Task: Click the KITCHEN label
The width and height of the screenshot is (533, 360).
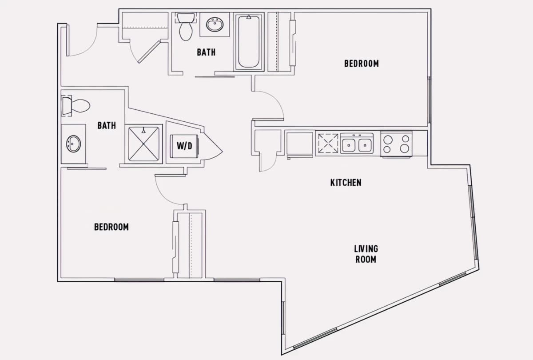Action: [x=346, y=183]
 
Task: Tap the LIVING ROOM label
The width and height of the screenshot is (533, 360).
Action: [x=366, y=254]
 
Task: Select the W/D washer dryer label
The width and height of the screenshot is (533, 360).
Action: [x=184, y=146]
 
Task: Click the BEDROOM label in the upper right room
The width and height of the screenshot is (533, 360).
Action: [x=362, y=64]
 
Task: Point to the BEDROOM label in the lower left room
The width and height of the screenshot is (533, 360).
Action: [x=111, y=227]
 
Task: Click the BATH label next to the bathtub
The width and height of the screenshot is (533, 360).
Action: [x=206, y=52]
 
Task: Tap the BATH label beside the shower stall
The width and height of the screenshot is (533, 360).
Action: [x=107, y=125]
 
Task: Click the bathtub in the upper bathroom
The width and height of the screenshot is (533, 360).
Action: [x=249, y=42]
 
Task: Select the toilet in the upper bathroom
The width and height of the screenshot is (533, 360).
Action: [x=186, y=26]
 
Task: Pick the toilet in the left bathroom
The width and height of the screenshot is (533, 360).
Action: [x=76, y=106]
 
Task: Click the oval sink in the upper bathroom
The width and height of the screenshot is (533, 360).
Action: [x=215, y=24]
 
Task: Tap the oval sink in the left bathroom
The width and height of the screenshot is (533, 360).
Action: [x=73, y=144]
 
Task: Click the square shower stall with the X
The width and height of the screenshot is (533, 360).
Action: [x=144, y=144]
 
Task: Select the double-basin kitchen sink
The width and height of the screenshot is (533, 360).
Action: [x=357, y=143]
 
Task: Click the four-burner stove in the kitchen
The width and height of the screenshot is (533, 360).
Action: [x=396, y=144]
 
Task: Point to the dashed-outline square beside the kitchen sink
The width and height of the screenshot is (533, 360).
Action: [x=328, y=143]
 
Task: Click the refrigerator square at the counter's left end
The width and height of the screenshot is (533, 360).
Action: [x=299, y=144]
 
